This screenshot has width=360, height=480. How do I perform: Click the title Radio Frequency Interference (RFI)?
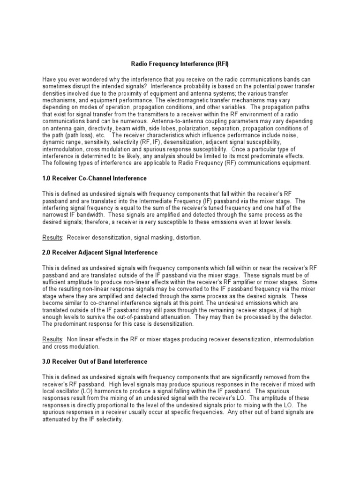point(180,63)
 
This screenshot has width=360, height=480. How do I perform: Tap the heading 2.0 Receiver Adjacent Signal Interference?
point(100,252)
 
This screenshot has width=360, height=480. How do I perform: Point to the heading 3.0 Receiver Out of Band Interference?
point(95,361)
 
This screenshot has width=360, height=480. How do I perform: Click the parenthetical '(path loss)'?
point(80,135)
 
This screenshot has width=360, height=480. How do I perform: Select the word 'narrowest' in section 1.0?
point(57,215)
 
